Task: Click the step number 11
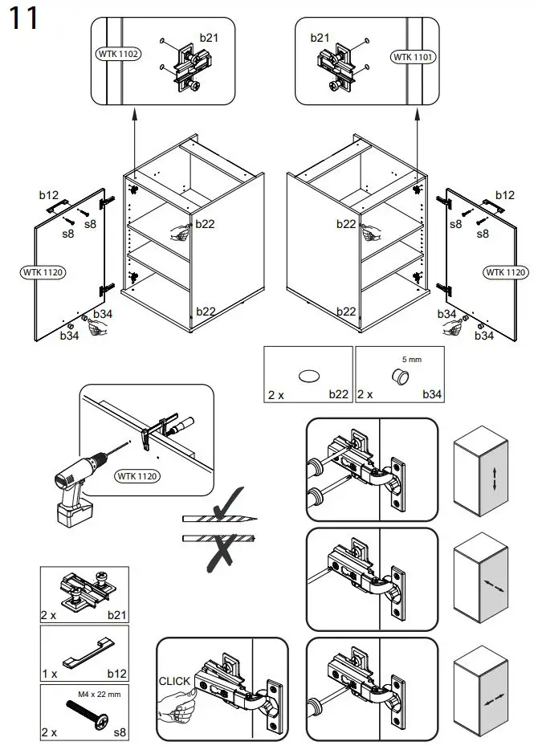pos(24,18)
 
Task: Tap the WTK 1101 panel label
pos(413,57)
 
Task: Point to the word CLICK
pos(174,681)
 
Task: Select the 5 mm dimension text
pos(411,360)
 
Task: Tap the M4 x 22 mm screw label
pos(99,695)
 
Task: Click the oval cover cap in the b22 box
pos(308,375)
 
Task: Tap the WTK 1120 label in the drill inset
pos(137,477)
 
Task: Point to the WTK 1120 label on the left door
pos(42,272)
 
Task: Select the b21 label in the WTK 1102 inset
pos(208,37)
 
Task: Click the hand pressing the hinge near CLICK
pos(177,708)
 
